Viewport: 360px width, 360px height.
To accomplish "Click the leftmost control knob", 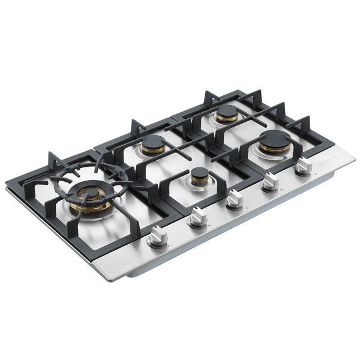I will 157,236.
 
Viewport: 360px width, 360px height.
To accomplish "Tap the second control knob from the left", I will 197,217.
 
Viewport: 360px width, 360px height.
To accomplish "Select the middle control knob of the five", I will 235,197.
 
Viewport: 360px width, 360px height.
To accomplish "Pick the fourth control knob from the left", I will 271,180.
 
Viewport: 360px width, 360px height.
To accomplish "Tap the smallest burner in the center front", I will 200,175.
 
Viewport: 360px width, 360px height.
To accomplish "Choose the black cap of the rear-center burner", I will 153,142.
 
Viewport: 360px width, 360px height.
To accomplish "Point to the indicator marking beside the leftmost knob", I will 170,245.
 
